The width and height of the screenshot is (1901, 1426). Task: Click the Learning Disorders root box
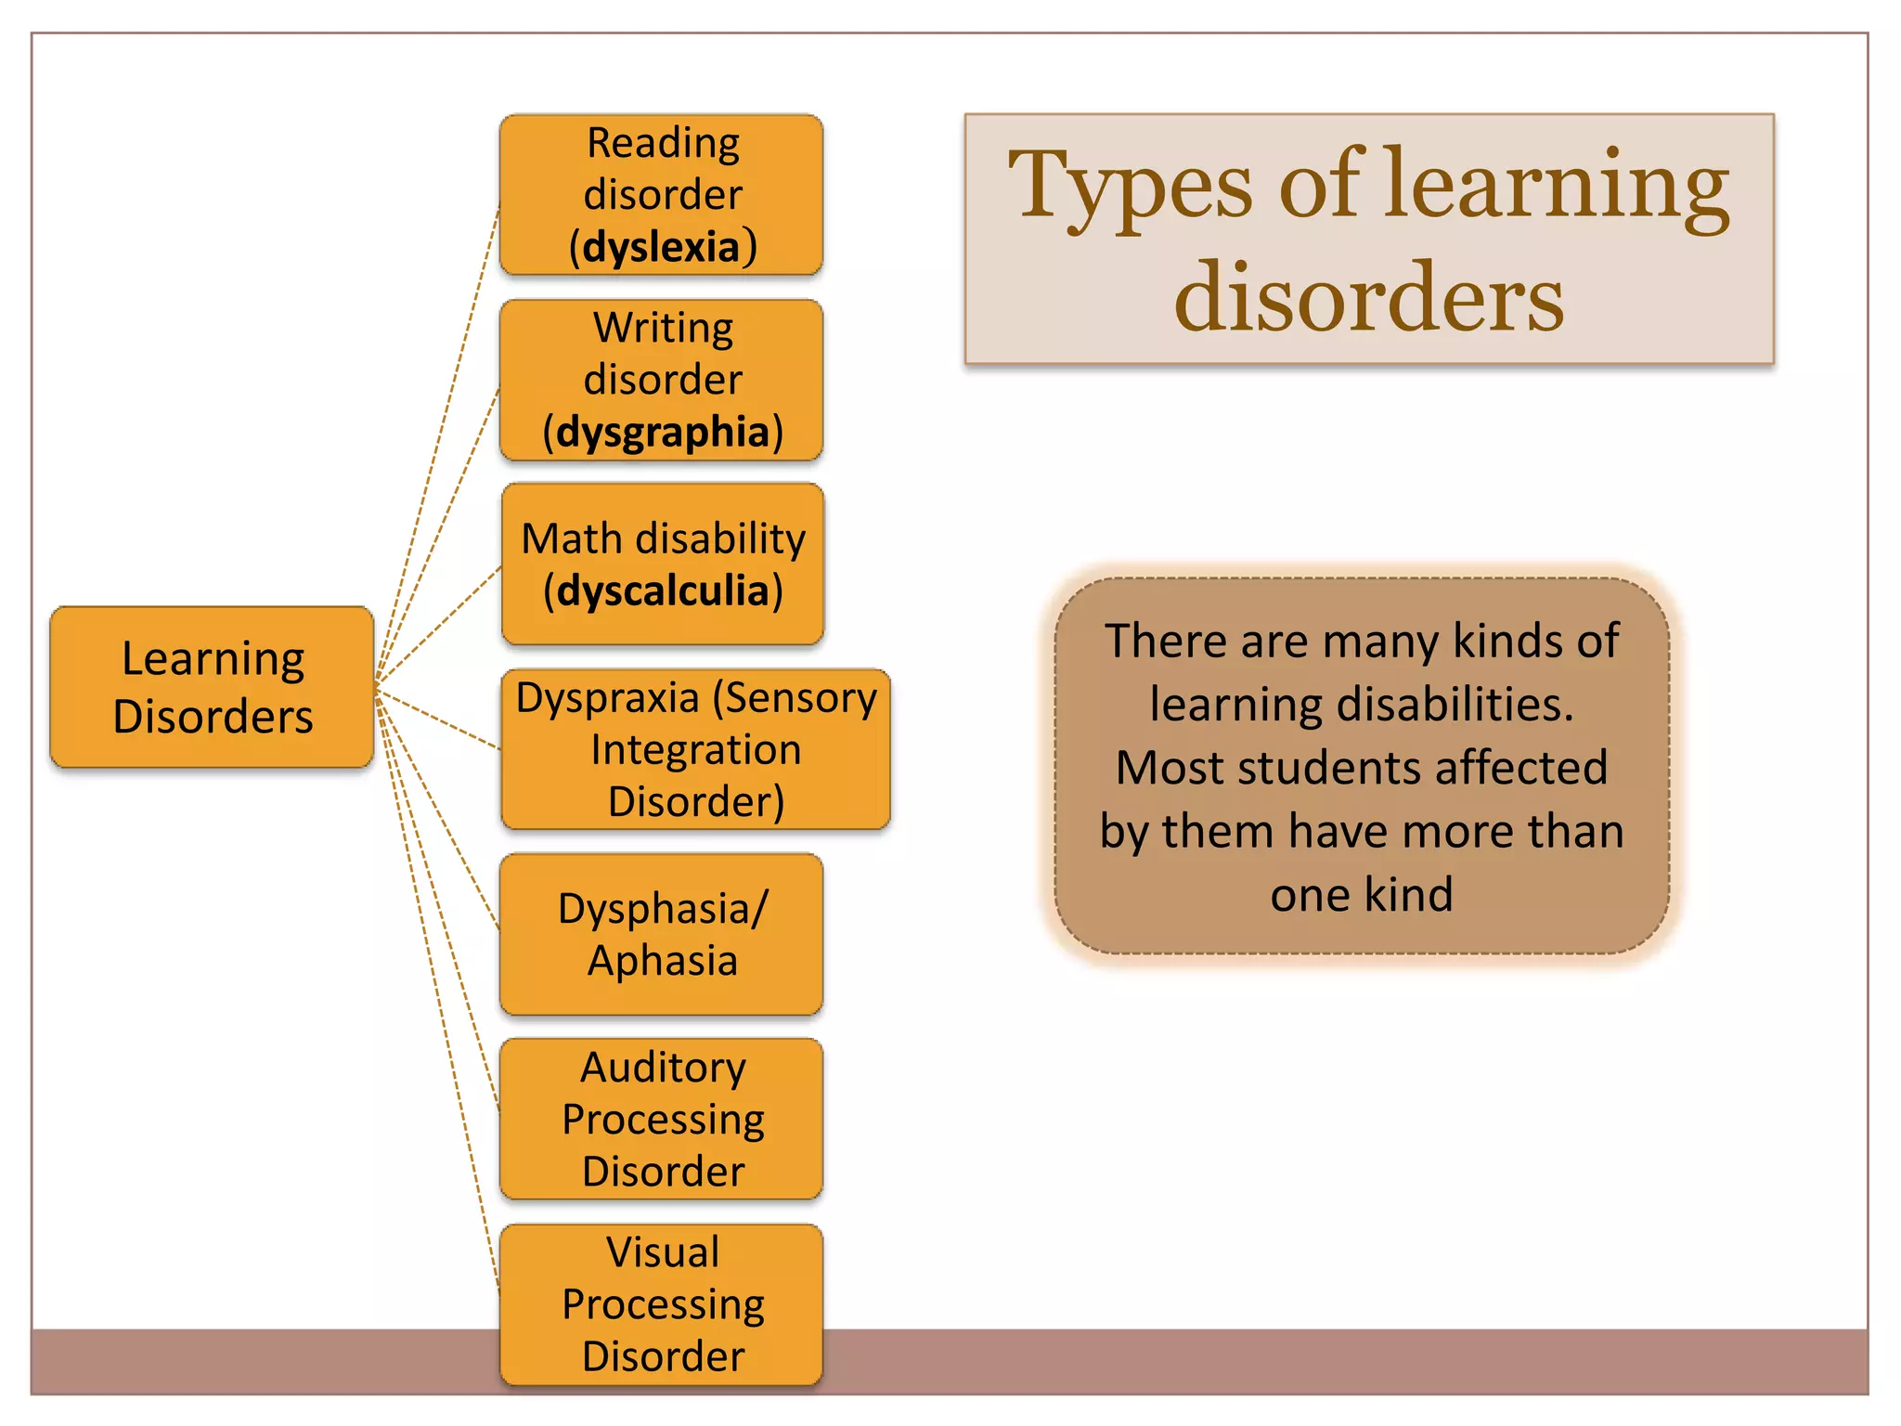pyautogui.click(x=213, y=687)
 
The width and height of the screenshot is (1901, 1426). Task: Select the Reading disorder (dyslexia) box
pyautogui.click(x=662, y=195)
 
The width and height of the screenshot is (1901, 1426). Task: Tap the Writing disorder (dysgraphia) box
pyautogui.click(x=662, y=380)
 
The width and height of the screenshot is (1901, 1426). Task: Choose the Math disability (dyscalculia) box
pyautogui.click(x=663, y=564)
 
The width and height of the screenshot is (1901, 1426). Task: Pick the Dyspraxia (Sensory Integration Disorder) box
pyautogui.click(x=695, y=749)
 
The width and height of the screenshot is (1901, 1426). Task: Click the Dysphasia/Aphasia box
pyautogui.click(x=662, y=934)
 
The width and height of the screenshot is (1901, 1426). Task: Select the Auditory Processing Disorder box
pyautogui.click(x=662, y=1119)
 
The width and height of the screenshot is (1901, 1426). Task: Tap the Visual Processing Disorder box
pyautogui.click(x=662, y=1303)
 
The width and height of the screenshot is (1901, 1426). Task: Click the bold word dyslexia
pyautogui.click(x=662, y=248)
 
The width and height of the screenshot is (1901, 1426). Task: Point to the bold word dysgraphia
pyautogui.click(x=663, y=433)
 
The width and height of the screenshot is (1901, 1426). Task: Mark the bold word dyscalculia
pyautogui.click(x=663, y=590)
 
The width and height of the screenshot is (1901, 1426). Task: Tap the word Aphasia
pyautogui.click(x=663, y=961)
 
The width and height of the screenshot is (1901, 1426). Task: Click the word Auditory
pyautogui.click(x=663, y=1068)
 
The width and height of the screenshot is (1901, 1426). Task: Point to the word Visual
pyautogui.click(x=663, y=1252)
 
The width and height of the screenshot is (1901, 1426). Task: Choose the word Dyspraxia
pyautogui.click(x=607, y=698)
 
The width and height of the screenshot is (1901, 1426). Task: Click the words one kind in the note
pyautogui.click(x=1361, y=895)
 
